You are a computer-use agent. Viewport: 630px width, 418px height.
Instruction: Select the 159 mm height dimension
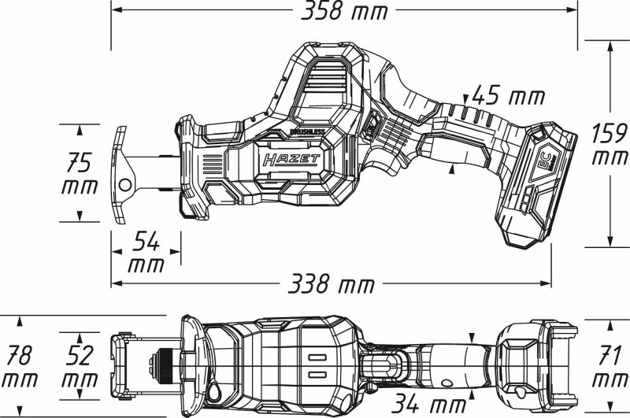610,144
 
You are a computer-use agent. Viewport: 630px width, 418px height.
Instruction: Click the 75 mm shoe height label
81,174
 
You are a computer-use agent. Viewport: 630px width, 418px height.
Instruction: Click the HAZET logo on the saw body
291,161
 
